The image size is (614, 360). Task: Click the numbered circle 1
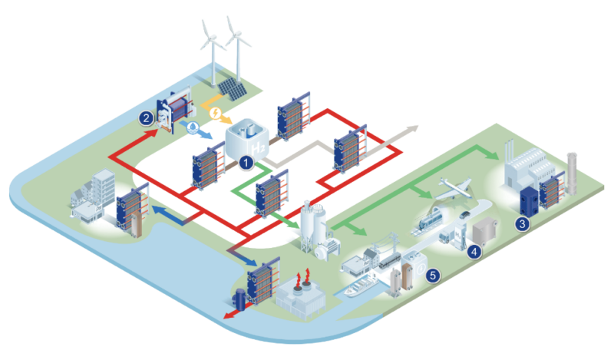click(246, 163)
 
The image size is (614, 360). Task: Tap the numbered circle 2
click(146, 118)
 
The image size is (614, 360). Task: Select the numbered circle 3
click(522, 224)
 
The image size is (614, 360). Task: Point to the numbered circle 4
click(474, 252)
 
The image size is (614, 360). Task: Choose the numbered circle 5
click(433, 276)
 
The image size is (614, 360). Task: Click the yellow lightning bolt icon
click(215, 113)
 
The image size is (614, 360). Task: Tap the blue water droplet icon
click(193, 127)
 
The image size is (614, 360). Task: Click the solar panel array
click(233, 89)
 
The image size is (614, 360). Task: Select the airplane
click(454, 188)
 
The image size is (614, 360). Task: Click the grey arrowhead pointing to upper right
click(412, 129)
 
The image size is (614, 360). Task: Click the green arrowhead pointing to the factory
click(492, 155)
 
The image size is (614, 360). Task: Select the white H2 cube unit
click(247, 140)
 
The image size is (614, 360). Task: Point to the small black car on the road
click(464, 215)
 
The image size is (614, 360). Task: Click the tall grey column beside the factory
click(572, 174)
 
